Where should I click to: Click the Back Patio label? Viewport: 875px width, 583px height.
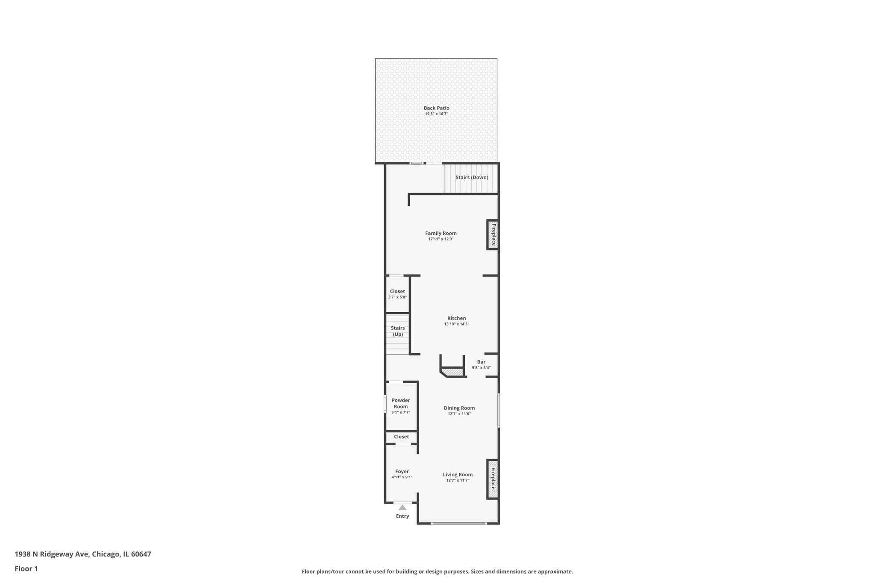pyautogui.click(x=436, y=108)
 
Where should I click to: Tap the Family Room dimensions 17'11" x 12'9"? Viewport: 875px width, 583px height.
pyautogui.click(x=440, y=239)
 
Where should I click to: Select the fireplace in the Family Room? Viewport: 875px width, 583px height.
pyautogui.click(x=493, y=234)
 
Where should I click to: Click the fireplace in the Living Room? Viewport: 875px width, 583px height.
pyautogui.click(x=493, y=479)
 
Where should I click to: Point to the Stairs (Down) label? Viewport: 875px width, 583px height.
pyautogui.click(x=472, y=177)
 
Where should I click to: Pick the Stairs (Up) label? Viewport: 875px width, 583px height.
pyautogui.click(x=398, y=331)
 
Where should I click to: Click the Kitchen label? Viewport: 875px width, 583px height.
pyautogui.click(x=456, y=318)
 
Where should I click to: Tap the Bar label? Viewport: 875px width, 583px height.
pyautogui.click(x=481, y=362)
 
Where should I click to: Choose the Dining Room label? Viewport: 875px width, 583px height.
pyautogui.click(x=459, y=408)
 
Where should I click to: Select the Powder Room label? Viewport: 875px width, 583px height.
pyautogui.click(x=401, y=403)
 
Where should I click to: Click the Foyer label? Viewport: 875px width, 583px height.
pyautogui.click(x=402, y=472)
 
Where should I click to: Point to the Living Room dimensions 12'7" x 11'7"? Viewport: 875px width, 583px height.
pyautogui.click(x=458, y=480)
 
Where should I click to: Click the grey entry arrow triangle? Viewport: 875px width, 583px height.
pyautogui.click(x=402, y=507)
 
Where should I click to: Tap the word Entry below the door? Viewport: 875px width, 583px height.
pyautogui.click(x=402, y=516)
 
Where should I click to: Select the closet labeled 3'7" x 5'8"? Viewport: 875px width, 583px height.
pyautogui.click(x=397, y=294)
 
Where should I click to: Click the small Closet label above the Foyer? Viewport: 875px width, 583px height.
pyautogui.click(x=401, y=437)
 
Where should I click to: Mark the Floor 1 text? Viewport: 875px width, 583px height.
pyautogui.click(x=26, y=568)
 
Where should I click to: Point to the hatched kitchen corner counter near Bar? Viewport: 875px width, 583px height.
pyautogui.click(x=454, y=372)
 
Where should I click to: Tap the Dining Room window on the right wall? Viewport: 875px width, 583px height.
pyautogui.click(x=499, y=410)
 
